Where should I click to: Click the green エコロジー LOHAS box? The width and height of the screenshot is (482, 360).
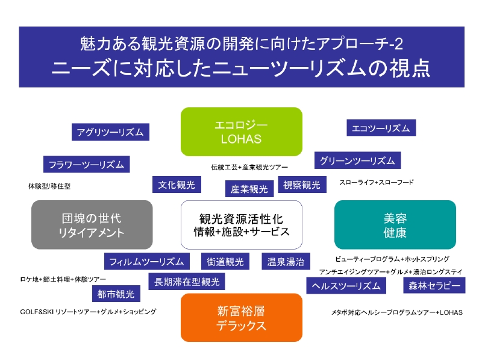tap(241, 131)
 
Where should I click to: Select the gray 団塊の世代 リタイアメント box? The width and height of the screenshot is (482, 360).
tap(92, 224)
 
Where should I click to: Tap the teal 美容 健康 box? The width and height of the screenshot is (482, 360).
tap(395, 224)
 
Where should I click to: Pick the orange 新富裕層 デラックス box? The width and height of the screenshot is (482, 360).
tap(241, 318)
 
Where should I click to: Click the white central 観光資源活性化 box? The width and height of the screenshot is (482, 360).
tap(241, 224)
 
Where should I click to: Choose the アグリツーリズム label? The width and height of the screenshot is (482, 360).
tap(110, 132)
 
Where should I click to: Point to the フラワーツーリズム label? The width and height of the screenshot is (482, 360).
tap(86, 164)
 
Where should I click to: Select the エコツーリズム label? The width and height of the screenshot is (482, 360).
tap(381, 128)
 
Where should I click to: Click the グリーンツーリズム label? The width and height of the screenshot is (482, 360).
tap(357, 160)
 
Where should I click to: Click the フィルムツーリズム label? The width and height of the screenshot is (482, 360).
tap(146, 262)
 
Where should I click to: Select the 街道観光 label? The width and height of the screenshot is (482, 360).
tap(225, 262)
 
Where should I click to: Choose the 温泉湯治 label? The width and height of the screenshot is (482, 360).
tap(286, 262)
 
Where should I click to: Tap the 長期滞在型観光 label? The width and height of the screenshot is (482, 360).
tap(187, 281)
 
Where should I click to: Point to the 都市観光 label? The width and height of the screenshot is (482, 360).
tap(116, 294)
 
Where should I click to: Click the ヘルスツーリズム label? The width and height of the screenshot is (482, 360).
tap(346, 286)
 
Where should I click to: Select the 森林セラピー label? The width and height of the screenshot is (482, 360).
tap(434, 285)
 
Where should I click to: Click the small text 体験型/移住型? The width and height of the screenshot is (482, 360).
tap(49, 186)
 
